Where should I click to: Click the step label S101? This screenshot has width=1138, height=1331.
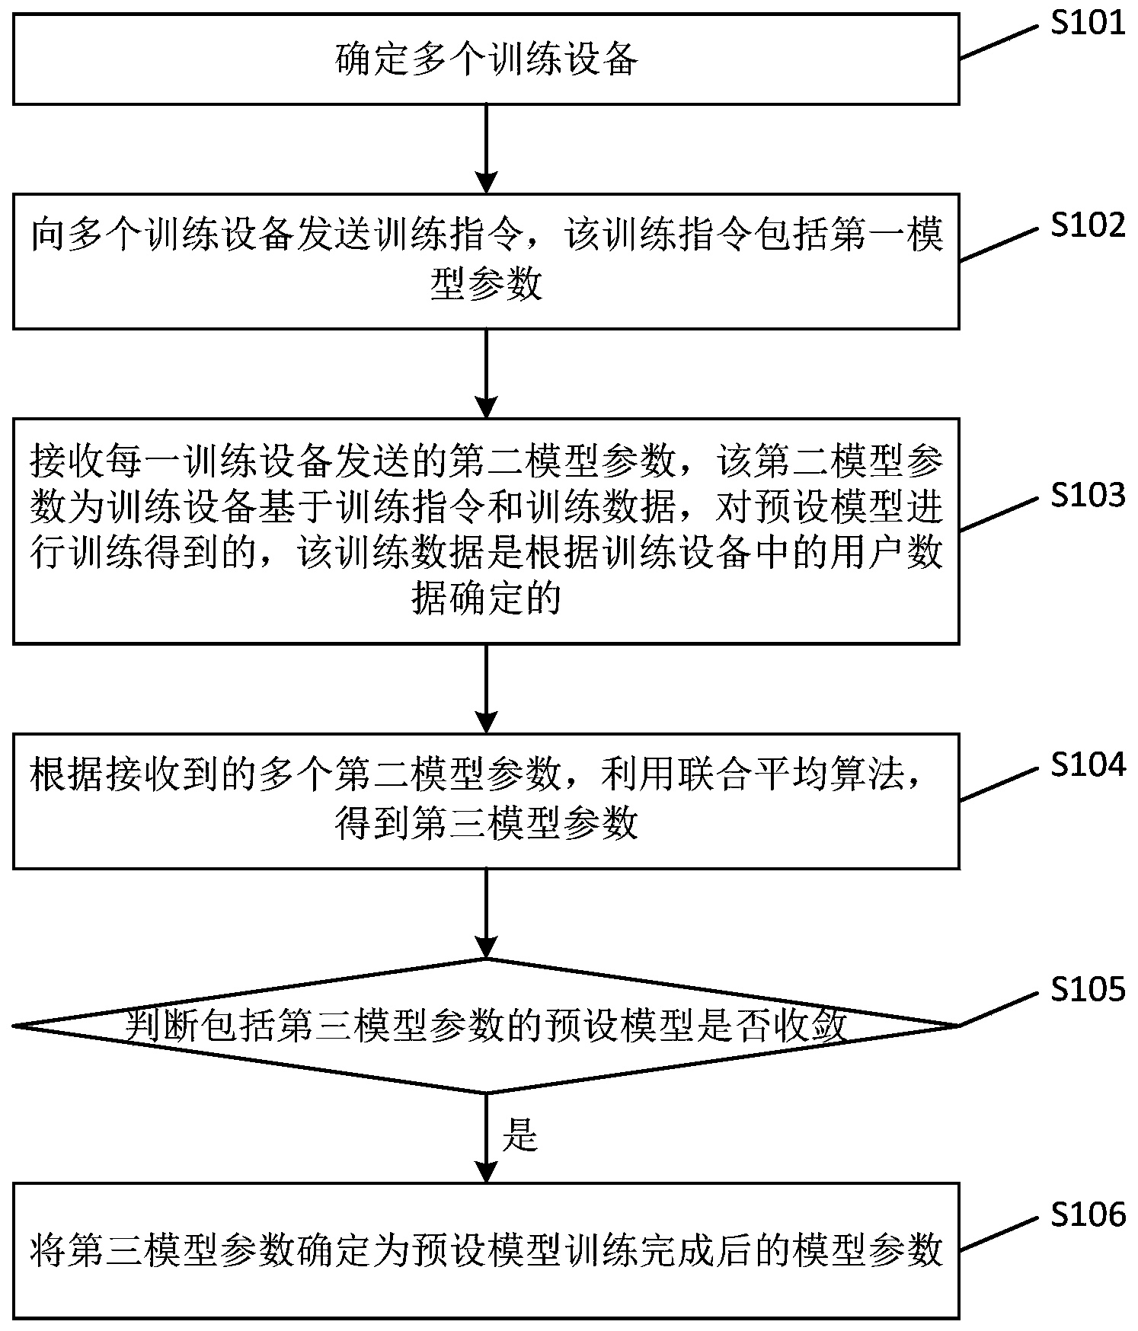click(1087, 24)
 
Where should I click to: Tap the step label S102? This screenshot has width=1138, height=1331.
click(1087, 225)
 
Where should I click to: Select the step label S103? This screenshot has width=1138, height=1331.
click(1087, 496)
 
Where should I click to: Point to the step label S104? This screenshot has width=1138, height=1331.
click(1087, 764)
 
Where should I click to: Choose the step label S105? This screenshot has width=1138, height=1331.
click(1087, 989)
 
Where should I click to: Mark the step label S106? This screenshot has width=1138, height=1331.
click(1087, 1214)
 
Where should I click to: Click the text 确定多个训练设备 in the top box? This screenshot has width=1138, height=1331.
click(486, 60)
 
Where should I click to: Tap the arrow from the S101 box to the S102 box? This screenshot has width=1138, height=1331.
click(486, 148)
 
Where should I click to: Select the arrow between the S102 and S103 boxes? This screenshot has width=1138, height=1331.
click(486, 373)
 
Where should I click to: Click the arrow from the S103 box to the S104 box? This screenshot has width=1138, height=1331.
click(486, 688)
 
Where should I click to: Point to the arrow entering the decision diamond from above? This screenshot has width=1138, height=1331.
click(486, 914)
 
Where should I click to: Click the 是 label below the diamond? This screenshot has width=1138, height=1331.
click(520, 1137)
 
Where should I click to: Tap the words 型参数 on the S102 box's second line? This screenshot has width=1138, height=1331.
click(486, 285)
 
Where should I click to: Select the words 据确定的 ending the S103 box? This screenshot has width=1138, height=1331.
click(486, 598)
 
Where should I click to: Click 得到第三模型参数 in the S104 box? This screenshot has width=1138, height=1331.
click(486, 823)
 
